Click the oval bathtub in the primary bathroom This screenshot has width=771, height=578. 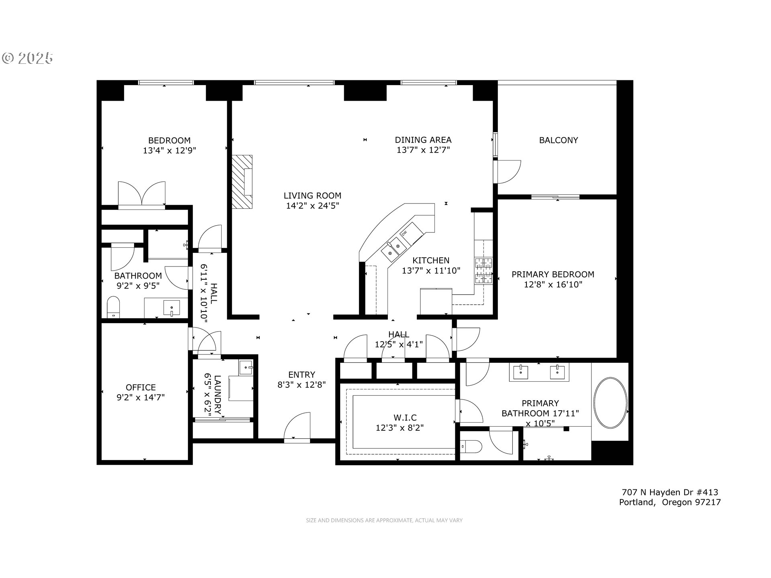610,403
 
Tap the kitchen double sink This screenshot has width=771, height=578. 393,248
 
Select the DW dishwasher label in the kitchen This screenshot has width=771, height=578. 404,233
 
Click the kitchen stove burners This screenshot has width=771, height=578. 483,271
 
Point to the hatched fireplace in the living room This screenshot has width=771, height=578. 242,181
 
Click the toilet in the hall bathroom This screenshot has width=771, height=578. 114,307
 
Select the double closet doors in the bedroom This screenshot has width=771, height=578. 141,195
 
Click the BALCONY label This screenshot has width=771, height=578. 558,140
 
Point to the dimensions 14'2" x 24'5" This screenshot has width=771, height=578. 312,206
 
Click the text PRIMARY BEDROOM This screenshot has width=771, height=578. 553,275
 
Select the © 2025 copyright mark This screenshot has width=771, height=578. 27,58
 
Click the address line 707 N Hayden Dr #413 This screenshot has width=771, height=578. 669,492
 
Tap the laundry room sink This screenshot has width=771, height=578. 246,368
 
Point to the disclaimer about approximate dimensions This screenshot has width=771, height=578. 384,521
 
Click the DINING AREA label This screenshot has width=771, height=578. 423,140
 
